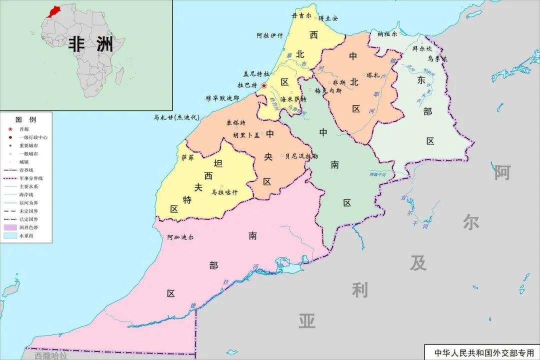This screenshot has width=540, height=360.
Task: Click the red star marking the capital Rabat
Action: coord(264,85)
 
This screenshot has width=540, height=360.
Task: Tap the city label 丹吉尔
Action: coord(301,16)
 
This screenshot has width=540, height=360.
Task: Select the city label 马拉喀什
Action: coord(224,192)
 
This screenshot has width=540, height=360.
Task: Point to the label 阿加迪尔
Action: coord(180,237)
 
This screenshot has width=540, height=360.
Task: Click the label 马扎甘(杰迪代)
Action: coord(176,118)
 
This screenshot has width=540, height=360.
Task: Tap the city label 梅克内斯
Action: coord(328,91)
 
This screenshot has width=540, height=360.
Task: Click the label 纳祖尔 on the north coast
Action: coord(387,34)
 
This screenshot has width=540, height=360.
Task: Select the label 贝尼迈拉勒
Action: coord(301,156)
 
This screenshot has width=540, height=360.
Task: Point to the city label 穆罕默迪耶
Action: coord(222,98)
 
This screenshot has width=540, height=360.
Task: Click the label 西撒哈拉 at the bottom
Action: coord(51,355)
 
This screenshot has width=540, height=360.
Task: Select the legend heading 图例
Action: coord(26,120)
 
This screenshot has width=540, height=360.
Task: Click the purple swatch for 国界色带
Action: coord(9,227)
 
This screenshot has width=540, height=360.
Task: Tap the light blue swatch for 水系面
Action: coord(9,235)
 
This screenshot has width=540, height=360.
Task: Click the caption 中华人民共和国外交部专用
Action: coord(480,352)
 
